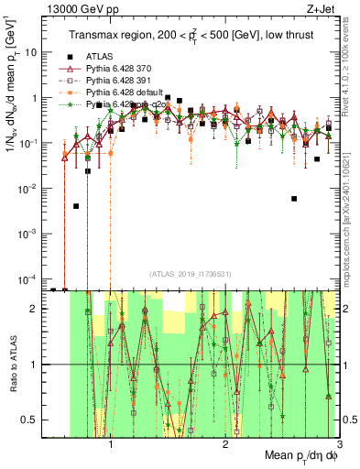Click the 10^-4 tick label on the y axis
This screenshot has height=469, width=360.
pyautogui.click(x=27, y=278)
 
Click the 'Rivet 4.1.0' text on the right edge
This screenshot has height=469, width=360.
pyautogui.click(x=351, y=73)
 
